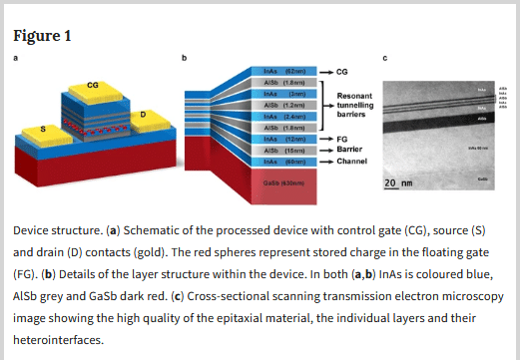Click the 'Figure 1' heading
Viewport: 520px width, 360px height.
[x=42, y=37]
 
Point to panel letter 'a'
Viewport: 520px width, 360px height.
[x=14, y=58]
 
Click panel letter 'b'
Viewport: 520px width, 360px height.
[x=184, y=58]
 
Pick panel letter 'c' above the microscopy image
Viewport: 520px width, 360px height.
[x=386, y=58]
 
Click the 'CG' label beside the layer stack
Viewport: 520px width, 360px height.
[x=343, y=73]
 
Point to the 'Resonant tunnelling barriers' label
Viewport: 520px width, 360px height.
[x=358, y=105]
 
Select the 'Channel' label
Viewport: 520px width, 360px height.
[x=351, y=161]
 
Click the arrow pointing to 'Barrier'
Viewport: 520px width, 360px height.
[x=326, y=150]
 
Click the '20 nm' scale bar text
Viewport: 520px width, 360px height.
[x=398, y=183]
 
